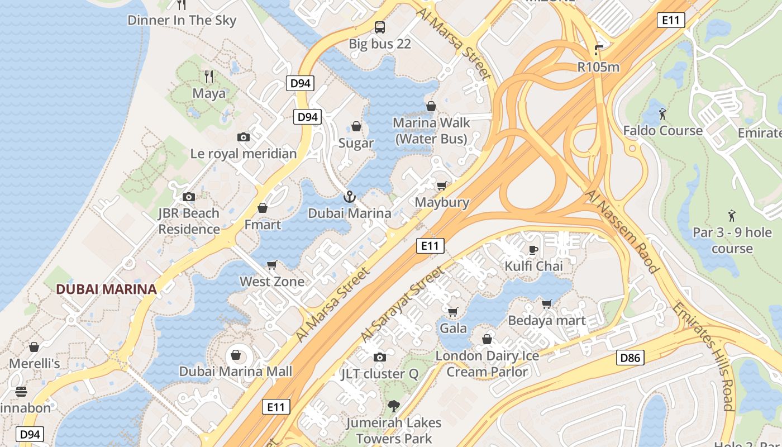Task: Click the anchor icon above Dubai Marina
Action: (x=349, y=197)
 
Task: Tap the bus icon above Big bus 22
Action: (x=380, y=27)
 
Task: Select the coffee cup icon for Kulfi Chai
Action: (x=533, y=250)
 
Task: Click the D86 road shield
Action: (x=631, y=358)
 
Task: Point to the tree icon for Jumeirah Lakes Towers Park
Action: (x=394, y=406)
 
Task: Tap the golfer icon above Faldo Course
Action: (x=662, y=114)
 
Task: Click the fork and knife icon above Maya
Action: (x=209, y=77)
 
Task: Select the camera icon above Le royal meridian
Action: (x=244, y=137)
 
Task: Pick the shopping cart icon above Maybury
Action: (x=442, y=186)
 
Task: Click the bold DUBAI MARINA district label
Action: (x=106, y=289)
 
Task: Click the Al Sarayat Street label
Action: (x=402, y=305)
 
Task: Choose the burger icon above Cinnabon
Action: (x=21, y=392)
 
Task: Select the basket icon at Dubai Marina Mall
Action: (x=236, y=355)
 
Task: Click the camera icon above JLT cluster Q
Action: (x=380, y=357)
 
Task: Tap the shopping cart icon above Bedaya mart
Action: (x=547, y=304)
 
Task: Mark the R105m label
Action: (x=598, y=67)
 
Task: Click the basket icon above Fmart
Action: (x=263, y=208)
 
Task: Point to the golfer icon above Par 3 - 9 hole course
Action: (x=732, y=215)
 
